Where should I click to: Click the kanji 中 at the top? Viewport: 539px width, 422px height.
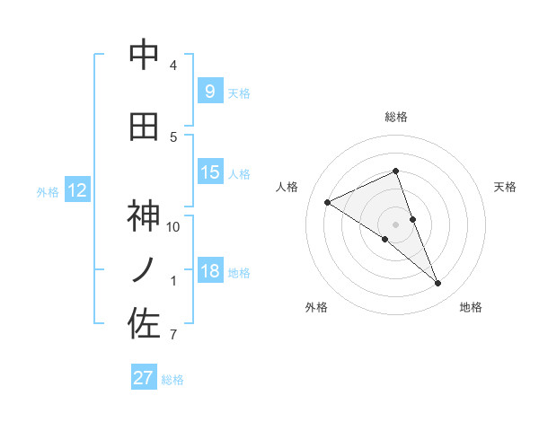click(x=144, y=56)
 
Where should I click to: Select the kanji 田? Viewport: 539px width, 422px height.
click(x=144, y=127)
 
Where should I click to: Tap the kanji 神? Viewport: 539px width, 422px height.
click(x=144, y=216)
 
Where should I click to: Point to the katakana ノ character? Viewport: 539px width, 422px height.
click(x=144, y=269)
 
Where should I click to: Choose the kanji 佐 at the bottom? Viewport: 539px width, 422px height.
click(x=144, y=324)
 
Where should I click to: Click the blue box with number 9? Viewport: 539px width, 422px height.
click(x=209, y=91)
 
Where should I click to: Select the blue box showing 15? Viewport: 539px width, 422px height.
click(x=209, y=172)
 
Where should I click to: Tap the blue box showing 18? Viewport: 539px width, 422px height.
click(x=209, y=271)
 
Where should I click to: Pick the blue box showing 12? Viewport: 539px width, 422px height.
click(x=76, y=190)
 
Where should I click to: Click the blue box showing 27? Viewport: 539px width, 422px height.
click(x=144, y=378)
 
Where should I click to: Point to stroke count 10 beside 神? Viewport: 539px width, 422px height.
click(x=173, y=227)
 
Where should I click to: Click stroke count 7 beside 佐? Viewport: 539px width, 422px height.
click(x=173, y=336)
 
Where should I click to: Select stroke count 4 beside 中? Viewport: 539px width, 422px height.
click(x=173, y=66)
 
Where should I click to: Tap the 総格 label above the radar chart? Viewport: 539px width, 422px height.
click(x=395, y=117)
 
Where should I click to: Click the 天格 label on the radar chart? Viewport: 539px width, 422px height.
click(x=505, y=187)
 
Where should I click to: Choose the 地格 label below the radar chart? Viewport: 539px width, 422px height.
click(x=471, y=308)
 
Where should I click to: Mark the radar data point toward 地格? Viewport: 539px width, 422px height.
click(x=438, y=284)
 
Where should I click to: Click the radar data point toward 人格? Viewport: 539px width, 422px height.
click(x=328, y=202)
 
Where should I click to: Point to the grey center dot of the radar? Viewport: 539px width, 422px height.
click(x=395, y=224)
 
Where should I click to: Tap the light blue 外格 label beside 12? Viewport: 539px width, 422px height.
click(x=48, y=191)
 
